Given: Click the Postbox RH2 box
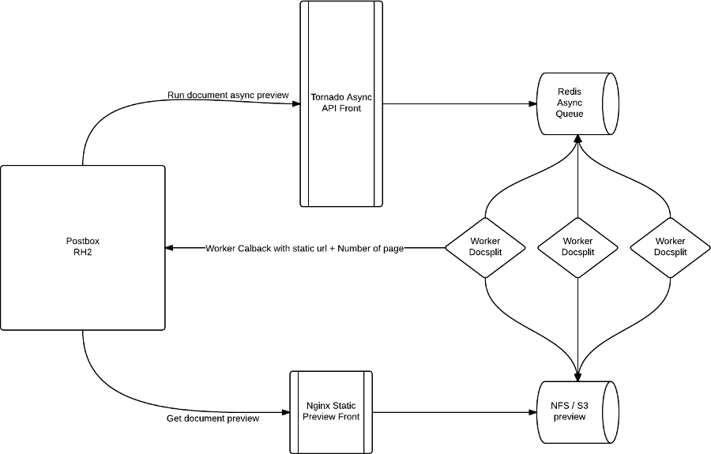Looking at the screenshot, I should pyautogui.click(x=83, y=248).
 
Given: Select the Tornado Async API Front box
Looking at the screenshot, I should pyautogui.click(x=341, y=103).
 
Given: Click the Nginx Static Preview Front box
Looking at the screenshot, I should pyautogui.click(x=332, y=411).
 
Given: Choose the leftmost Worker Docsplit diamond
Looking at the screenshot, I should pyautogui.click(x=485, y=246).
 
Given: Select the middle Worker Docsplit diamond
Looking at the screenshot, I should pyautogui.click(x=577, y=246).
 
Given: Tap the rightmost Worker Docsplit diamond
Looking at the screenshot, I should pyautogui.click(x=670, y=246).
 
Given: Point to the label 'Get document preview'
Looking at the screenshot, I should pyautogui.click(x=213, y=418).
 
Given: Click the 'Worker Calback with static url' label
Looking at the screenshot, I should pyautogui.click(x=304, y=249).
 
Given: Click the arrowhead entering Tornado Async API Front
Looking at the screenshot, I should pyautogui.click(x=295, y=103).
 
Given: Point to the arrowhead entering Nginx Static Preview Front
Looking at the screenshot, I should pyautogui.click(x=284, y=411).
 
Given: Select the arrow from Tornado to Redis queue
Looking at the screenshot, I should pyautogui.click(x=458, y=103).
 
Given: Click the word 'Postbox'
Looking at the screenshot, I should pyautogui.click(x=83, y=240).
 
